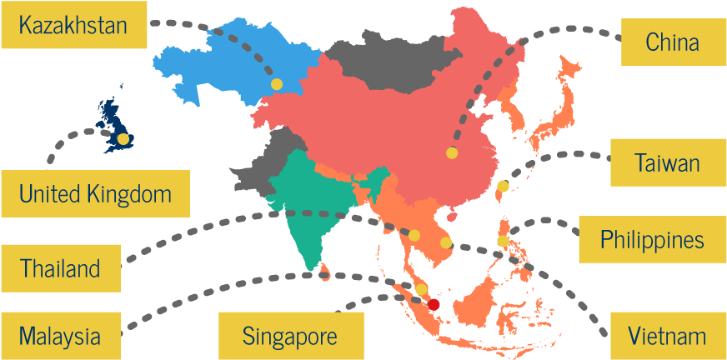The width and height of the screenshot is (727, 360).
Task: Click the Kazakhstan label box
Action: (x=73, y=25)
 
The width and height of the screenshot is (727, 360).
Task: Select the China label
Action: (x=673, y=42)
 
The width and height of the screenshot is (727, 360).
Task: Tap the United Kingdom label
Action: (x=94, y=194)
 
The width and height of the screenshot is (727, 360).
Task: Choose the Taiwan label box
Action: (x=667, y=162)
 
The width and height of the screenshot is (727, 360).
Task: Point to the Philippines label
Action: (x=652, y=240)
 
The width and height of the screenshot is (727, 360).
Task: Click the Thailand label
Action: (x=60, y=268)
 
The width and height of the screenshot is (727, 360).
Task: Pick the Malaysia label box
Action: (x=60, y=336)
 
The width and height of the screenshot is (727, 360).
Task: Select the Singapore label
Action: (x=290, y=336)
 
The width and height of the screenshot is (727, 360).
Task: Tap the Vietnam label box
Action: (x=667, y=336)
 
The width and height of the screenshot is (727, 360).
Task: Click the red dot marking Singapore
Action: (x=434, y=304)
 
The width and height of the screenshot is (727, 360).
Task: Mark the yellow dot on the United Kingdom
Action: (x=124, y=139)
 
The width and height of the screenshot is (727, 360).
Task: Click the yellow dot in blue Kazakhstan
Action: (x=276, y=84)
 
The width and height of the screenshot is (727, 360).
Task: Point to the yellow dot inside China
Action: (x=452, y=152)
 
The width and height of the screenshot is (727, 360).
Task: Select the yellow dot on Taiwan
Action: (x=503, y=186)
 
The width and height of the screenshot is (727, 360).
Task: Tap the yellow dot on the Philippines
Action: (x=503, y=241)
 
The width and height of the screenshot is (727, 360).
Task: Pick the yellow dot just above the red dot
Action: (x=422, y=290)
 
